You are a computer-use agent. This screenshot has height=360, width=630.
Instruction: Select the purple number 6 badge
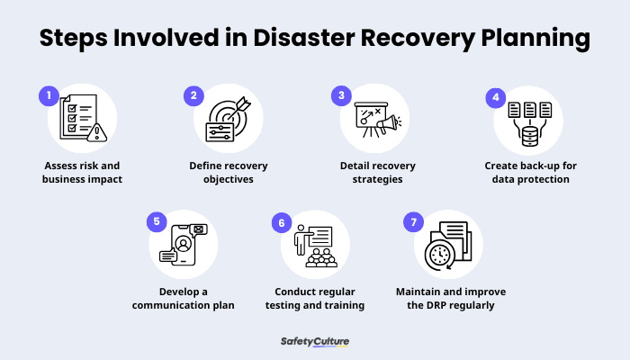point(281,221)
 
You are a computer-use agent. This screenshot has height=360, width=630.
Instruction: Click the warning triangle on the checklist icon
point(97,132)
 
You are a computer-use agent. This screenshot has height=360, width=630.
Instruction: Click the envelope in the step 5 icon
point(198,230)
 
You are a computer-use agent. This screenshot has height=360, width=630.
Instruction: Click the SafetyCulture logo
point(315,342)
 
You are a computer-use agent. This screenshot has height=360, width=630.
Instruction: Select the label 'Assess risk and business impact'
point(80,172)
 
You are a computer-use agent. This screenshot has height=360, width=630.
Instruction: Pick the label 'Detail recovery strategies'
point(372,172)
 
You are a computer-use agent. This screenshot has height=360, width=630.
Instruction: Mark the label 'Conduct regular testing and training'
point(315,298)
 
